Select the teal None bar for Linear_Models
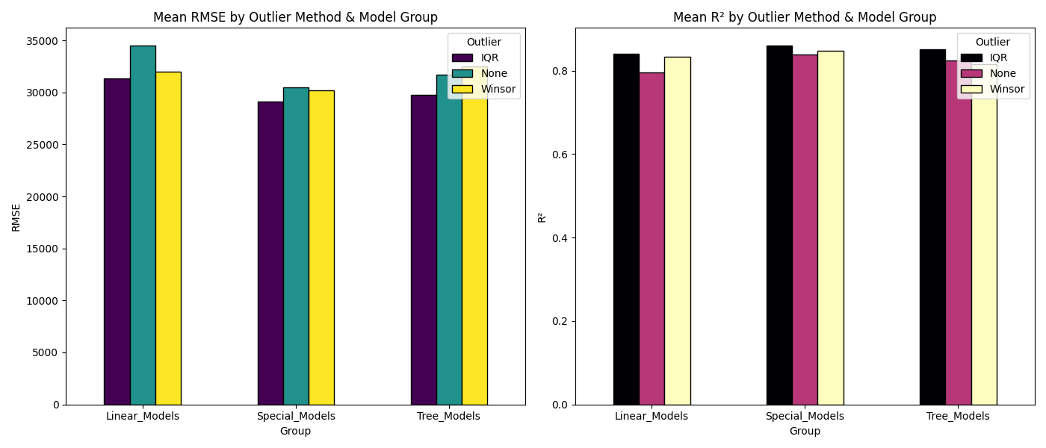click(143, 225)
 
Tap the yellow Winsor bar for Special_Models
click(321, 247)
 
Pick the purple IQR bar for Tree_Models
click(424, 249)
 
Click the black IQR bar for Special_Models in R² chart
click(779, 225)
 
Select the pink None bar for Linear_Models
click(652, 238)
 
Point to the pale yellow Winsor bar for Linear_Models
click(677, 231)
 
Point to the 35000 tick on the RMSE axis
click(43, 41)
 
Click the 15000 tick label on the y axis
click(43, 249)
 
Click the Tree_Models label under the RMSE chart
click(448, 416)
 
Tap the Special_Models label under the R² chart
click(805, 416)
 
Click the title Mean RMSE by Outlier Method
click(295, 17)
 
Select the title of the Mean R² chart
click(805, 17)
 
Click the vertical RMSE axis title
click(16, 217)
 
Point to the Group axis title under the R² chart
click(805, 431)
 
